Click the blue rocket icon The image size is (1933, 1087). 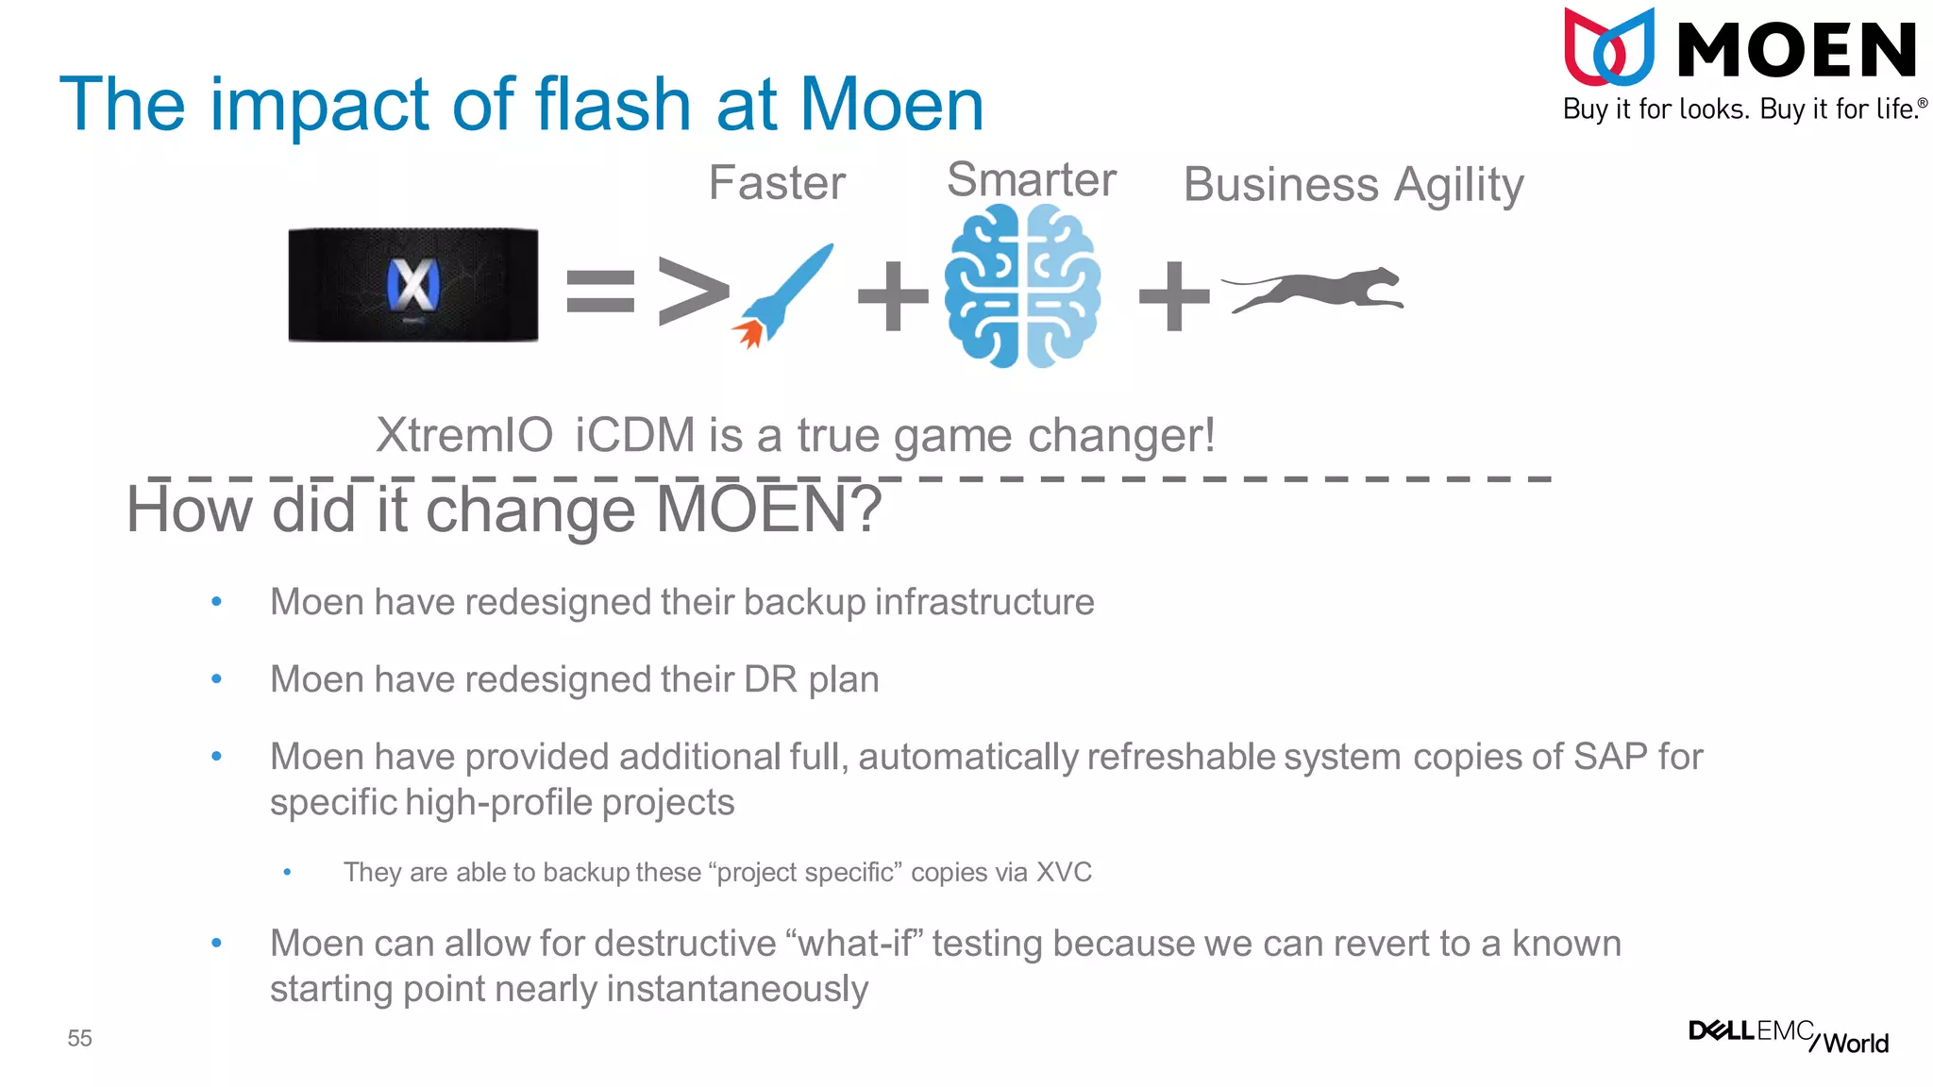click(782, 294)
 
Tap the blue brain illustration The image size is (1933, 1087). click(1022, 286)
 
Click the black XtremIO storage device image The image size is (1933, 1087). click(413, 284)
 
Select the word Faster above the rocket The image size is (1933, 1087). click(777, 182)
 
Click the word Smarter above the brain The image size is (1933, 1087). click(1032, 179)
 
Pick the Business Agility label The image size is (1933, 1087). click(1353, 185)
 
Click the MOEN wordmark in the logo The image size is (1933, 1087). click(1796, 51)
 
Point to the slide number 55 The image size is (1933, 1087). click(79, 1039)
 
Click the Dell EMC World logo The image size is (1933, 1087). click(1788, 1036)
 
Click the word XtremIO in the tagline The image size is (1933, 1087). click(464, 436)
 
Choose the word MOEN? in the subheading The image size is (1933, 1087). click(768, 510)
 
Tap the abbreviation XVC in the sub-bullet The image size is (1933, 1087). click(1064, 872)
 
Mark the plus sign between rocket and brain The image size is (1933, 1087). click(893, 296)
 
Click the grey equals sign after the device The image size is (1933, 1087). click(600, 291)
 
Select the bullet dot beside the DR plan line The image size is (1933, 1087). click(216, 679)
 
